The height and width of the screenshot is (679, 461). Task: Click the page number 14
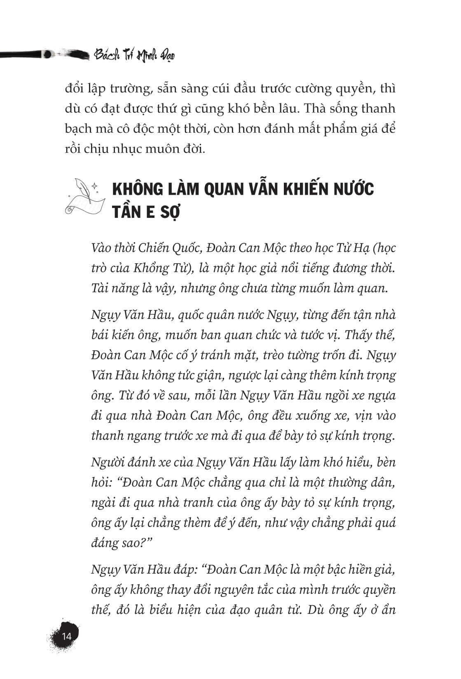point(66,636)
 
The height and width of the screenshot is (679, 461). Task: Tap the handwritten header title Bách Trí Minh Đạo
point(134,55)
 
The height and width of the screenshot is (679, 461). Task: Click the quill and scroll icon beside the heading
point(84,197)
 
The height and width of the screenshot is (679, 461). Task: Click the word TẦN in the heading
point(126,212)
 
